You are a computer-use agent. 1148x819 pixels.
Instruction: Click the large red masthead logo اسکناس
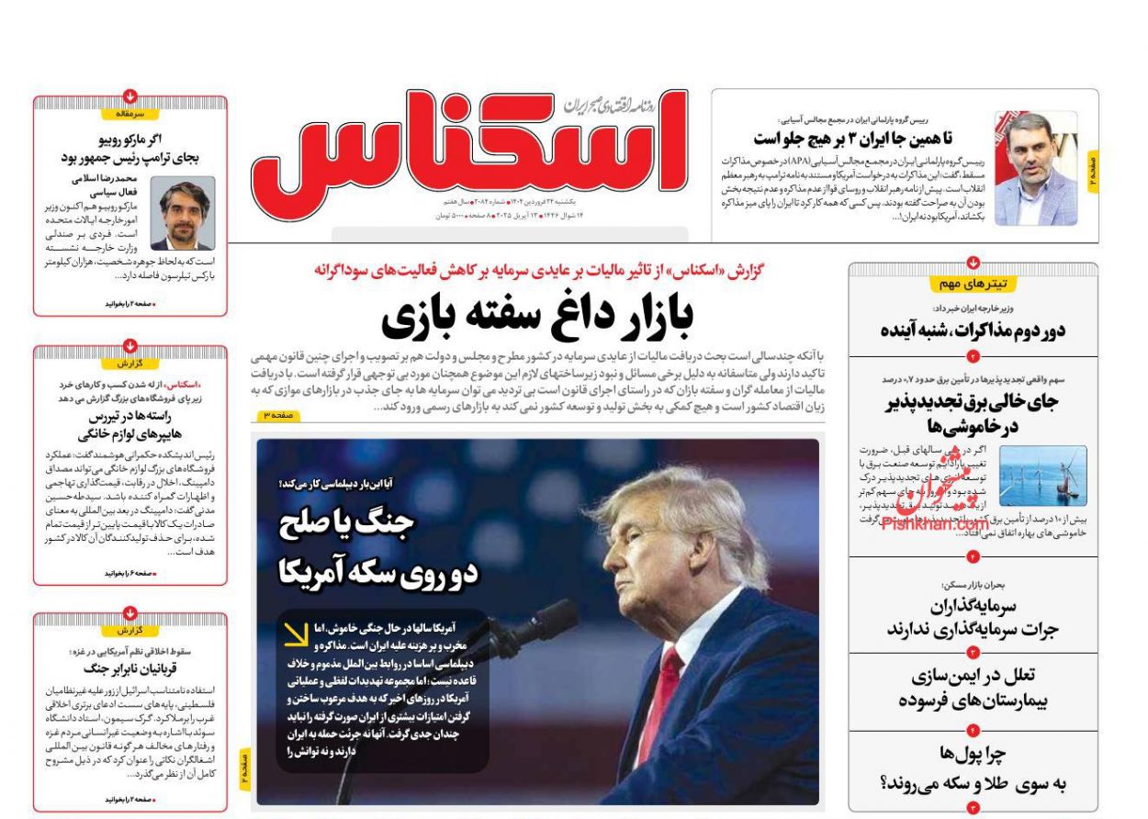coord(468,147)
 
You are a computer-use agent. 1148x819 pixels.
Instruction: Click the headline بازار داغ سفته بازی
coord(537,316)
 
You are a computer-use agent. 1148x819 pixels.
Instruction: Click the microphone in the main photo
coord(542,624)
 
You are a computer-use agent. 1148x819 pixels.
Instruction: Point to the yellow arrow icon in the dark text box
coord(296,634)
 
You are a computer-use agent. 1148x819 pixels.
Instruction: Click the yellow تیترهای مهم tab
coord(973,284)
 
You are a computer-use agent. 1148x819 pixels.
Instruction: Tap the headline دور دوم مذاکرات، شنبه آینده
coord(973,331)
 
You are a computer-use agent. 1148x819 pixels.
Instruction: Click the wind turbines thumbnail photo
coord(1042,476)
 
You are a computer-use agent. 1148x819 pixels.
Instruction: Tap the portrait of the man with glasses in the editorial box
coord(183,214)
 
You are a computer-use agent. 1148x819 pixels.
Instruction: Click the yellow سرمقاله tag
coord(129,114)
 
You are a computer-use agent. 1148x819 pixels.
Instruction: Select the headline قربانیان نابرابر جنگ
coord(129,668)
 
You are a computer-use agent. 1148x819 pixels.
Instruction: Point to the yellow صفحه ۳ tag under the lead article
coord(279,416)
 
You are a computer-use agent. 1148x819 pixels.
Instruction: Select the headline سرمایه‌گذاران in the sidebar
coord(974,606)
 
